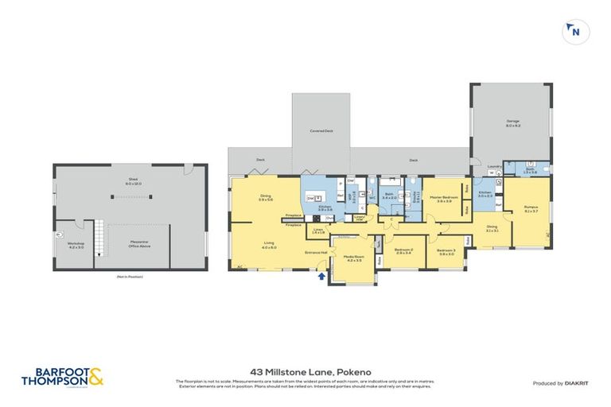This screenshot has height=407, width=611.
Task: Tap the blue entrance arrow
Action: (321, 277)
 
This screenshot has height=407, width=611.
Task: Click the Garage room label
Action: (513, 123)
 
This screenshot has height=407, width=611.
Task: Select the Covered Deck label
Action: (321, 130)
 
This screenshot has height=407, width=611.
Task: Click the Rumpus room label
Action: (531, 209)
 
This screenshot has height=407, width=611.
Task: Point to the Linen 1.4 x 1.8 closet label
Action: (318, 232)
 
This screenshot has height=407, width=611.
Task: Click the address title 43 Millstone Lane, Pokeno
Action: (305, 370)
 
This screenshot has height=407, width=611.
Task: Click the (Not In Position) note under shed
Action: (129, 276)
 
